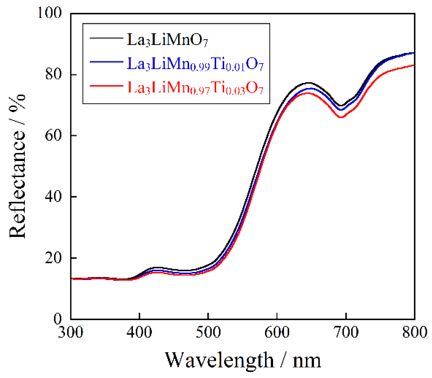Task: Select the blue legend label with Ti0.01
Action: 195,64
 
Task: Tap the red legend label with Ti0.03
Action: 195,88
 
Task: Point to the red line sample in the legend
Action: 106,86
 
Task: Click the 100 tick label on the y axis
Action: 50,13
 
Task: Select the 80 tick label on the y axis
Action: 53,74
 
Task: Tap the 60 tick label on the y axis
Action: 53,135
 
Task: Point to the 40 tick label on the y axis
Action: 53,197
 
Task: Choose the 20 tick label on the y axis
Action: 53,258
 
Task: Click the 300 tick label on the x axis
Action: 71,332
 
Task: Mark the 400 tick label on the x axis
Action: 139,332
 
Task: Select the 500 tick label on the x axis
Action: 208,332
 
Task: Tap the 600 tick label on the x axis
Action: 277,332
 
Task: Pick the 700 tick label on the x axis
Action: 346,332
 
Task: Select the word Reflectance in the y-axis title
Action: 17,185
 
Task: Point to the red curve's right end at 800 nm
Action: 414,66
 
